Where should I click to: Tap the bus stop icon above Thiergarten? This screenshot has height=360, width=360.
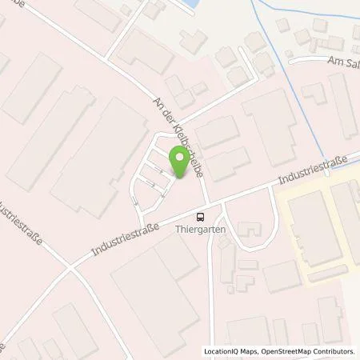point(201,215)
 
